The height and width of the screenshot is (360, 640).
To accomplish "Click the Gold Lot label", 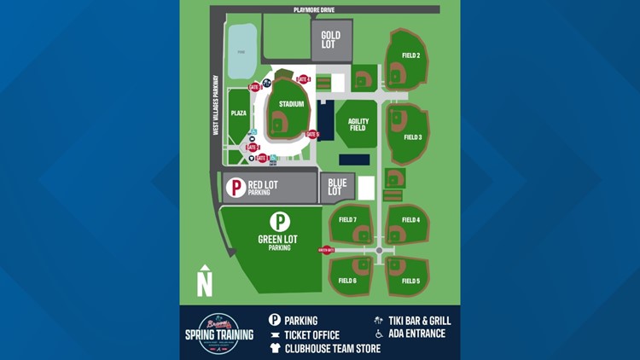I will [x=331, y=40].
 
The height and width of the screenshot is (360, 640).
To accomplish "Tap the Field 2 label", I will [x=411, y=56].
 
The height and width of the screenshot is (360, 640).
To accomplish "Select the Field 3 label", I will [x=412, y=137].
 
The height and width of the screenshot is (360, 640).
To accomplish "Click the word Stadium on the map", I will [x=292, y=105].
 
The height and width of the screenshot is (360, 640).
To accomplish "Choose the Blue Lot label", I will [x=335, y=188].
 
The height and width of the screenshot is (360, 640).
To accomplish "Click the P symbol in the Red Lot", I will [x=236, y=188].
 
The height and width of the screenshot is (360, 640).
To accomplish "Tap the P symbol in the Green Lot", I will [x=279, y=222].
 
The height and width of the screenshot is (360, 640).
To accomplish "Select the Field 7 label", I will [x=347, y=220].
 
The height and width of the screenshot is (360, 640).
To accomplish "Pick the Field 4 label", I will [x=411, y=220].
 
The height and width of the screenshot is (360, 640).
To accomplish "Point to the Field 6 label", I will [x=347, y=281].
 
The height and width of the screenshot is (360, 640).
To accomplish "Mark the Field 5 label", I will [x=411, y=281].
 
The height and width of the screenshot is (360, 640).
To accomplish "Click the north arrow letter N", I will [x=205, y=282].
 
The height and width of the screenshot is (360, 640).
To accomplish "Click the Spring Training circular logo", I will [x=219, y=330].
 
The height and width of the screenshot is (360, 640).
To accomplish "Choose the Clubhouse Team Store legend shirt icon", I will [x=275, y=348].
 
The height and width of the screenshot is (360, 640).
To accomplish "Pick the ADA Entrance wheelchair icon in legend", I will [x=379, y=334].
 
